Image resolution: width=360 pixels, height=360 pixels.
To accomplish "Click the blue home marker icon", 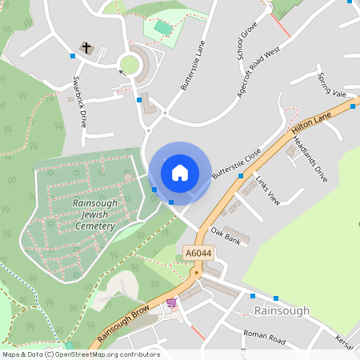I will (180, 173).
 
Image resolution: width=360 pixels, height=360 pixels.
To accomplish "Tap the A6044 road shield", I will (197, 253).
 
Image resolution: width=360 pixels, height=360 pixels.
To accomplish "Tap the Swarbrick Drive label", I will (78, 102).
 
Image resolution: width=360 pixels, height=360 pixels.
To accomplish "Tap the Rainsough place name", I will (281, 310).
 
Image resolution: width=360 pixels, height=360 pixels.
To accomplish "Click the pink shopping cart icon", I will (171, 303).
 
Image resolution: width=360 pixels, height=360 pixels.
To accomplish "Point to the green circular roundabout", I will (129, 65).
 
